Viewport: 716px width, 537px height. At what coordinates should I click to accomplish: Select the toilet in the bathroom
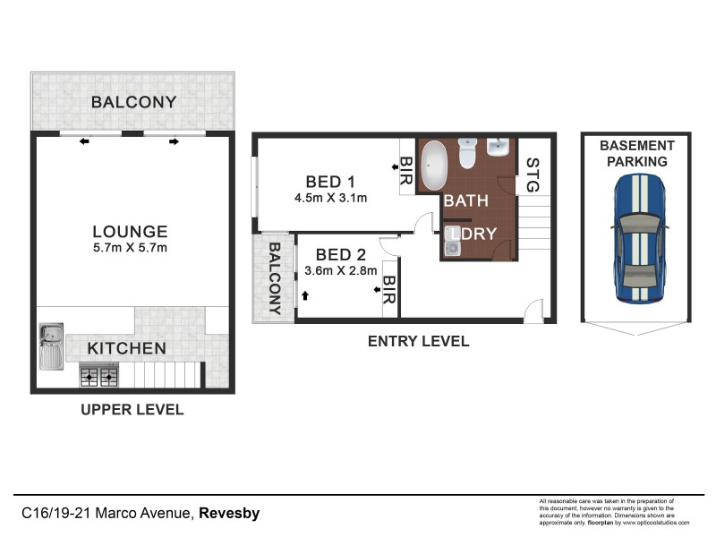[x=466, y=153]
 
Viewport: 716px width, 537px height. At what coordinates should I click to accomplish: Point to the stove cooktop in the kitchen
[x=98, y=377]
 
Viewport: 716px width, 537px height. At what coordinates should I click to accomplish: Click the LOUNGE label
[x=130, y=231]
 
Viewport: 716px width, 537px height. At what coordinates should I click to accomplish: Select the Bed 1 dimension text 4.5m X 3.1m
[x=330, y=198]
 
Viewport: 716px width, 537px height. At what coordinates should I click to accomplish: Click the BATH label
[x=466, y=201]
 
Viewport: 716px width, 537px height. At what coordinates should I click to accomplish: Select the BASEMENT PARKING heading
[x=637, y=153]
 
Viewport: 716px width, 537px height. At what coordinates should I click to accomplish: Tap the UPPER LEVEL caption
[x=132, y=410]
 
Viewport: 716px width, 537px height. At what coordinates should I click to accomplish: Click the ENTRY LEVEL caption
[x=418, y=341]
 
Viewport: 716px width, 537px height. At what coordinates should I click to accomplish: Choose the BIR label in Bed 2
[x=389, y=290]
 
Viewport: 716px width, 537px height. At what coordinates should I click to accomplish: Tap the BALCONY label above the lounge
[x=133, y=102]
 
